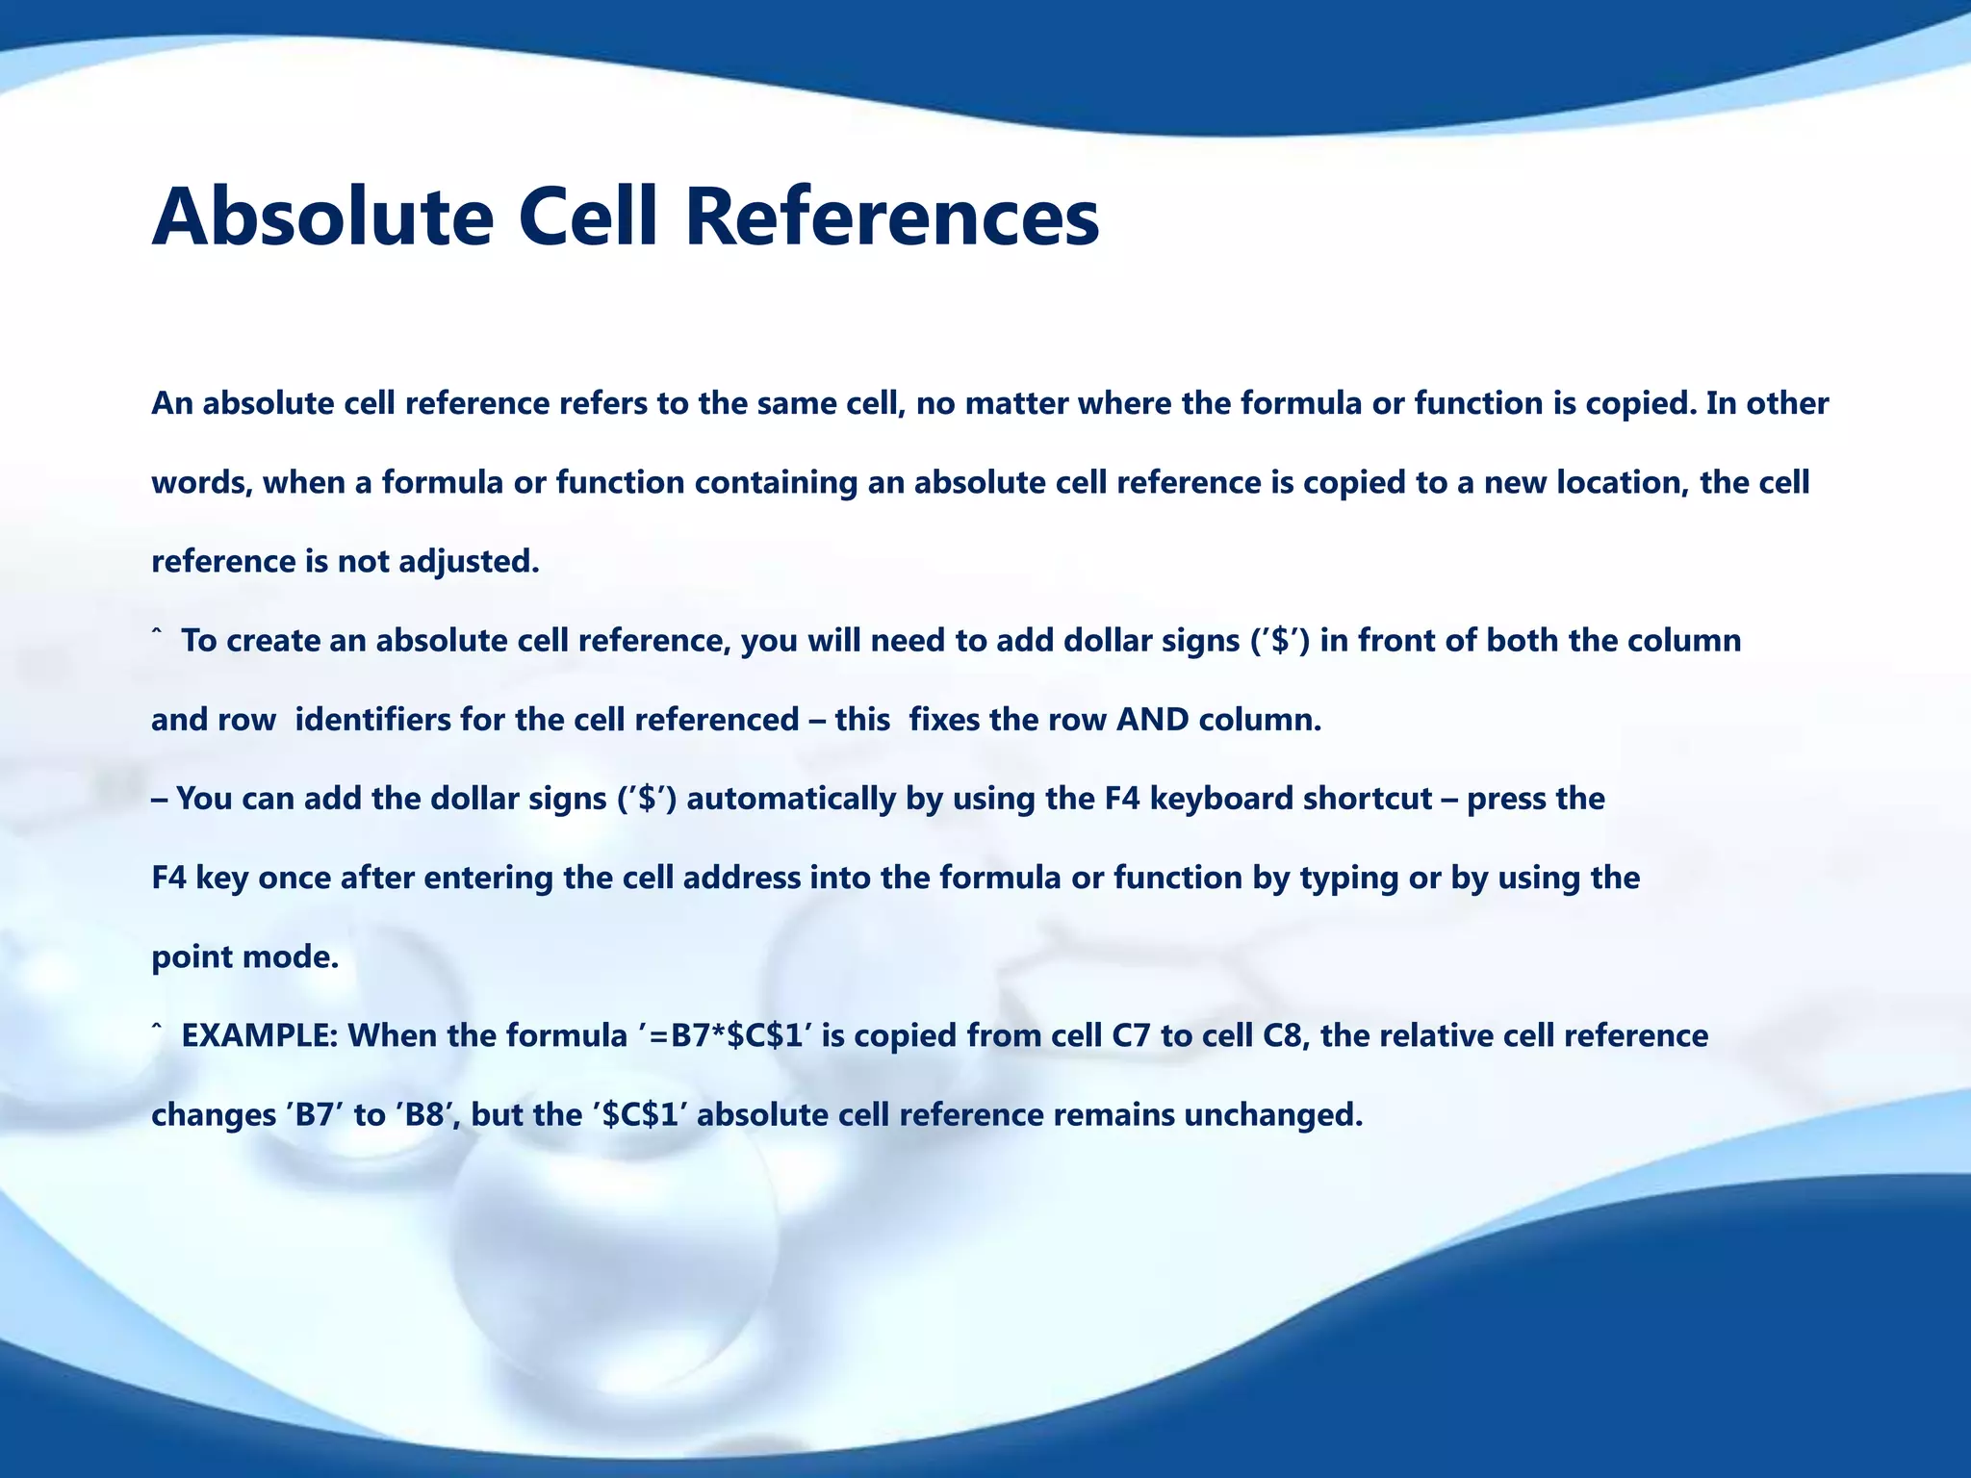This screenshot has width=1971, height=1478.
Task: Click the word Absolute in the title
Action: coord(322,217)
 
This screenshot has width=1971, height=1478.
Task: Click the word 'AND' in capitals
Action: coord(1152,720)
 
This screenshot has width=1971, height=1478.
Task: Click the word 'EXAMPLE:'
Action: coord(259,1035)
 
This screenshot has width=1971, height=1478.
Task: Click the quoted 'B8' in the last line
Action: coord(424,1115)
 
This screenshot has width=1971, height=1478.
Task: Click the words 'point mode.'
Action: coord(245,957)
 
